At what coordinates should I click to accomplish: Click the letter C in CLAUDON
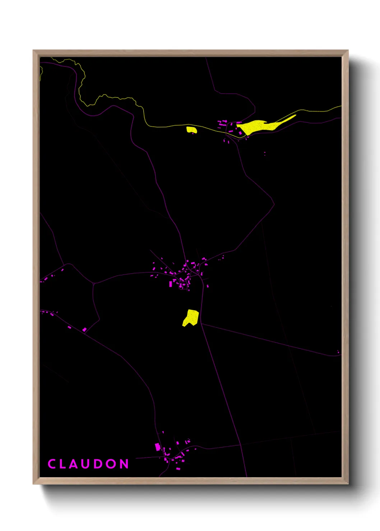[52, 464]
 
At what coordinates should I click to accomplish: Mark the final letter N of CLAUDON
[124, 464]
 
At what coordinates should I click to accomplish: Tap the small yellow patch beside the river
[191, 130]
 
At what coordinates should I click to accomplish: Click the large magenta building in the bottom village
[157, 447]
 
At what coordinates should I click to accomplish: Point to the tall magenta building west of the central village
[171, 284]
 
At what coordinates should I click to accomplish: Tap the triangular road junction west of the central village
[94, 283]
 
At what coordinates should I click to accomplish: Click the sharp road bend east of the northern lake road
[274, 205]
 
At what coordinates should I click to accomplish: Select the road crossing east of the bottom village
[240, 445]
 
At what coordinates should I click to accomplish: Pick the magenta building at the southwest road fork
[84, 329]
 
